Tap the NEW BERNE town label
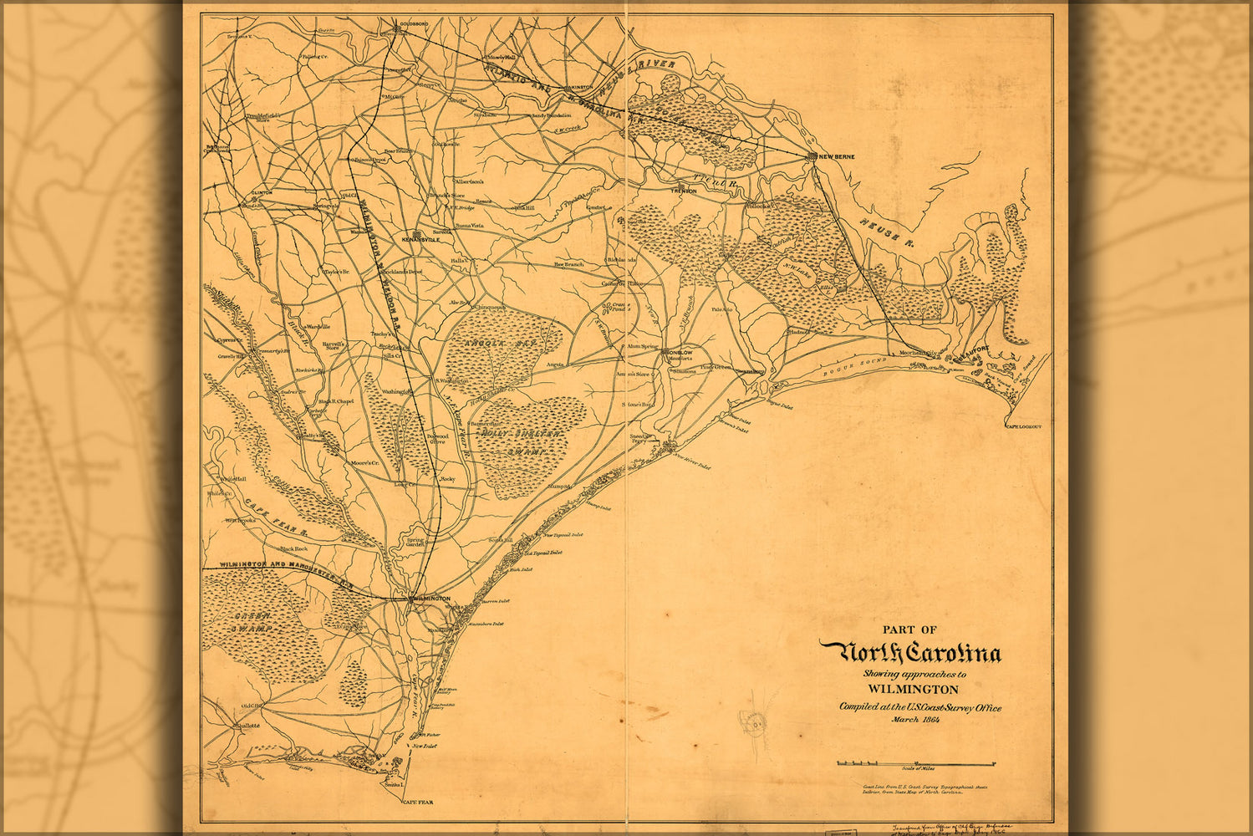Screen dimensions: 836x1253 point(835,157)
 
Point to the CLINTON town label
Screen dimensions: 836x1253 point(262,193)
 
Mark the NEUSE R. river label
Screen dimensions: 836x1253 point(885,231)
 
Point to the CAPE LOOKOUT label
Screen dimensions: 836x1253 point(1024,426)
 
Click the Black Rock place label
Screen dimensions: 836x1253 point(293,549)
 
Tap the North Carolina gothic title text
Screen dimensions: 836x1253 point(909,653)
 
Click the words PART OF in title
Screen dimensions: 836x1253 point(909,630)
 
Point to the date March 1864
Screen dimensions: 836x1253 point(915,720)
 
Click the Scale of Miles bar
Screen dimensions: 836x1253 point(915,763)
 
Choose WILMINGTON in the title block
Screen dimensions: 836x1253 point(913,690)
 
